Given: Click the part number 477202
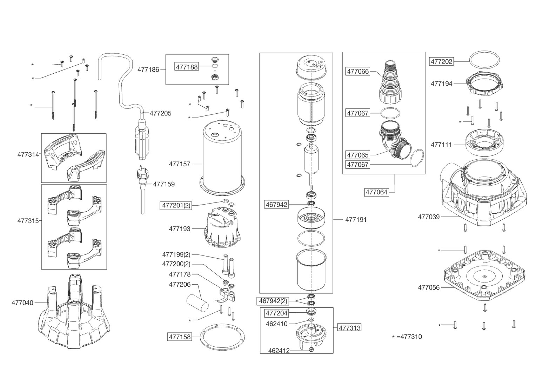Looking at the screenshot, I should (x=442, y=61).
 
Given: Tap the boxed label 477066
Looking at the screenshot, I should (x=358, y=72).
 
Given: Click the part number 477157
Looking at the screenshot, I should (x=179, y=164).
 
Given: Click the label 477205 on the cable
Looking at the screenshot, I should (x=160, y=113).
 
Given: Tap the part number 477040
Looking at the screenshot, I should (x=22, y=302).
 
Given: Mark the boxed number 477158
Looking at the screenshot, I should (x=180, y=337).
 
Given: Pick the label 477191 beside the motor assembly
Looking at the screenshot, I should (x=356, y=220).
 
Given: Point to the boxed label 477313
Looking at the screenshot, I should (x=349, y=328).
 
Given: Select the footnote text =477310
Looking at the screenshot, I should (x=409, y=337).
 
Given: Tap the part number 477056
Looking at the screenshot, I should (x=429, y=287).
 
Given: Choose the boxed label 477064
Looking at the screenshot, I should (x=377, y=192).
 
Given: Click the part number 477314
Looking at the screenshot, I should (x=28, y=154).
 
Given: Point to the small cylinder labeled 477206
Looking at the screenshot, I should (x=196, y=302).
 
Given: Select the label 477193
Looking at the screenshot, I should (x=179, y=229).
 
